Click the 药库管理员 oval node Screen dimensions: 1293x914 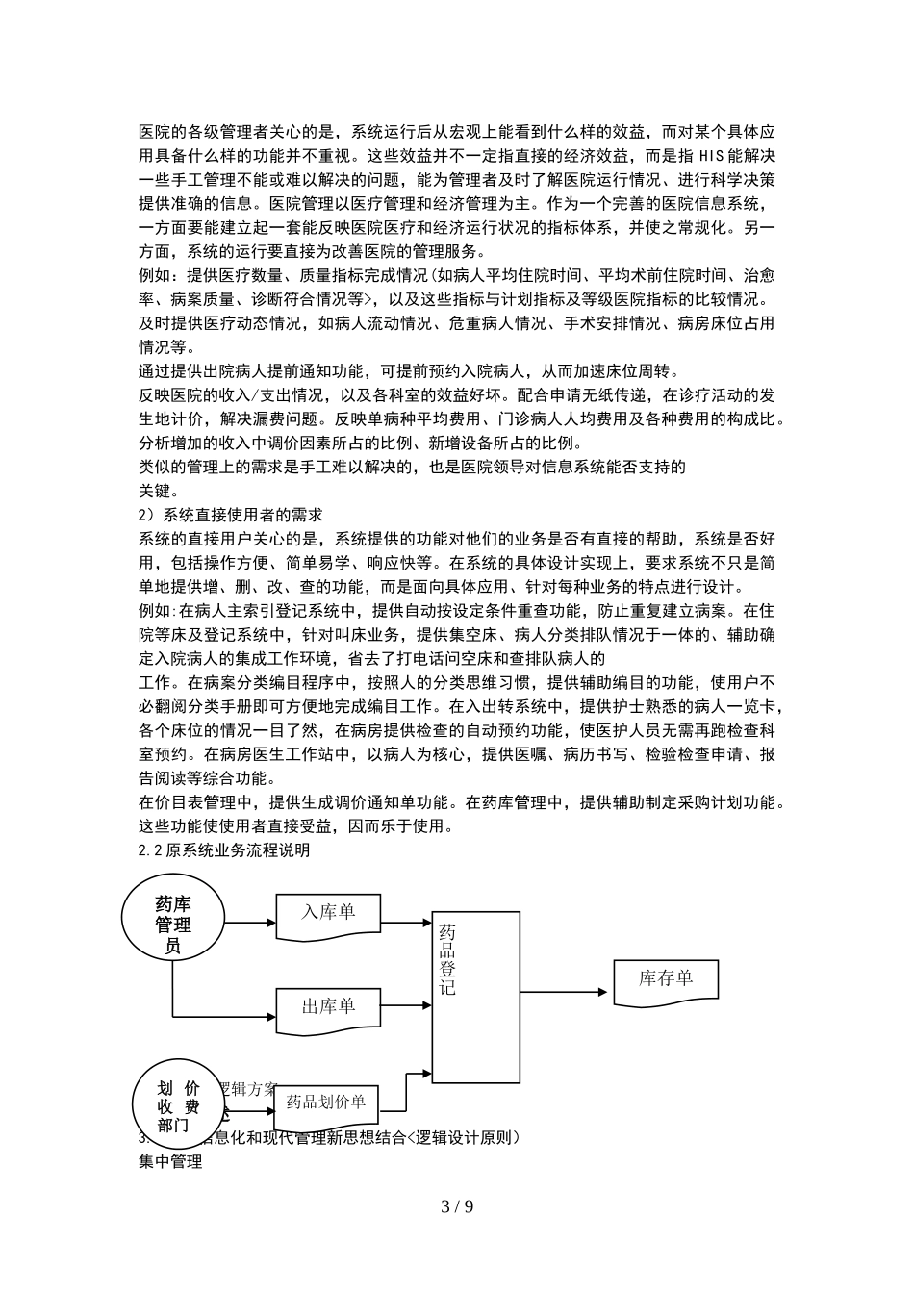[x=173, y=923]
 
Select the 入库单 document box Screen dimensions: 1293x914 [x=327, y=913]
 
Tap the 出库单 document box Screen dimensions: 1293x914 [x=327, y=1006]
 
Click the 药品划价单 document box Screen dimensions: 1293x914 [x=326, y=1104]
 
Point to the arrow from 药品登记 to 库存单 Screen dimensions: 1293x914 [x=557, y=991]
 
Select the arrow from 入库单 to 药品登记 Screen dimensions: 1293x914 [x=406, y=923]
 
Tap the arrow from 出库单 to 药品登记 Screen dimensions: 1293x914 [x=406, y=1004]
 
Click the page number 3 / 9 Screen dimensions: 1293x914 [x=457, y=1206]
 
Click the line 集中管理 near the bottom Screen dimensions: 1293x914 [x=170, y=1161]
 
